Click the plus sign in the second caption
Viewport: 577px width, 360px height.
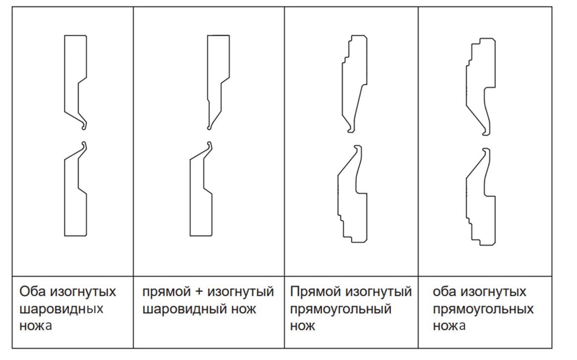coord(198,292)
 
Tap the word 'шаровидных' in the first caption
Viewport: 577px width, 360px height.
coord(61,309)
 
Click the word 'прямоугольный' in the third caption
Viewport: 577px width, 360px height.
coord(341,309)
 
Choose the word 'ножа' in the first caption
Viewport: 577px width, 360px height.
coord(36,326)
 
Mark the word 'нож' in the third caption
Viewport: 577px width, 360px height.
coord(303,326)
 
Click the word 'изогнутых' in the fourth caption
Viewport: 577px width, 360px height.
coord(493,291)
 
